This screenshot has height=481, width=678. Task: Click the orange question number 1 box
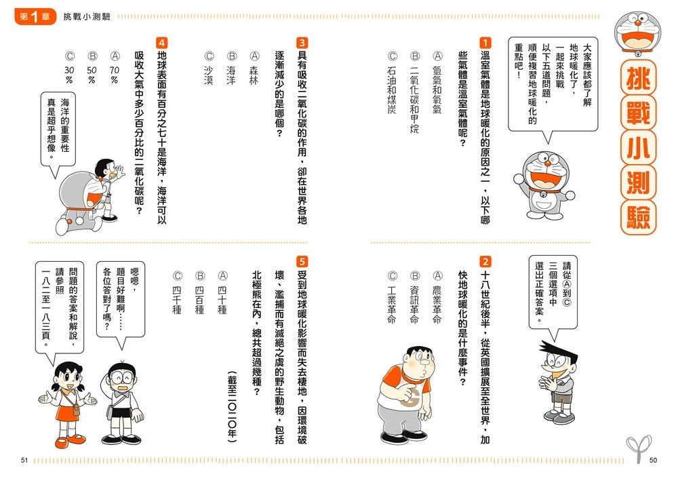coord(485,43)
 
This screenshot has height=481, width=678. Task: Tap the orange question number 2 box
coord(485,261)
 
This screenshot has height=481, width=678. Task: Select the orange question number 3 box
coord(302,43)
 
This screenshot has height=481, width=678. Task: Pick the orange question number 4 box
coord(162,43)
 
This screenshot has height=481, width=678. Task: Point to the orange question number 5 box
coord(302,261)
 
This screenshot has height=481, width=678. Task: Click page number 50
coord(653,460)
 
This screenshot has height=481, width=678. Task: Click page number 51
coord(24,460)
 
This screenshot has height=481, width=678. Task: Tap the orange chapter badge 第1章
coord(35,16)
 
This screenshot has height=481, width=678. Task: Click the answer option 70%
coord(114,75)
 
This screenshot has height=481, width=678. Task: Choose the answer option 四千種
coord(177,300)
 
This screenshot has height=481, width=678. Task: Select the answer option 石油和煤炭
coord(392,90)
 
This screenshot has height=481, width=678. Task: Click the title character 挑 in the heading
coord(638,78)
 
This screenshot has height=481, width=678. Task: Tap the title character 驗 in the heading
coord(638,217)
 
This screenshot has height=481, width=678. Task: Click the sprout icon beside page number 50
coord(638,448)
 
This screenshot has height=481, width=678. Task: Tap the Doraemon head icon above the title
coord(638,33)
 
